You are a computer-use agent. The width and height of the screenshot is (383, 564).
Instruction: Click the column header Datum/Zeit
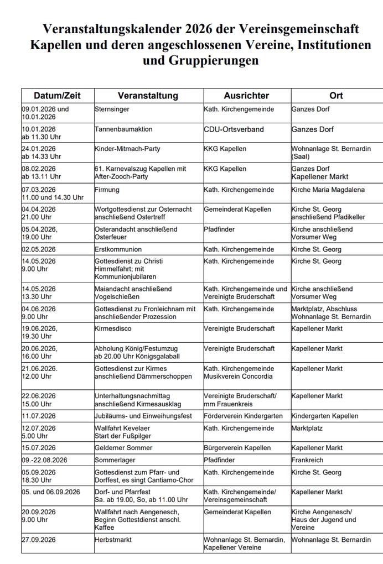tap(57, 96)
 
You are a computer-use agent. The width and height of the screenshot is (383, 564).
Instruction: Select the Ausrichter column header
tap(246, 96)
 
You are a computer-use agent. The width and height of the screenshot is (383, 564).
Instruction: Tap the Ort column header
tap(336, 96)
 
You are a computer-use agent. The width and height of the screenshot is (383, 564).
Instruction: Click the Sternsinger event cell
tap(112, 109)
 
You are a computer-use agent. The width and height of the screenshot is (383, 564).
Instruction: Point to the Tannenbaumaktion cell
tap(123, 129)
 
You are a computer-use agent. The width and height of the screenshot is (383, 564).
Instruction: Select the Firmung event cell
tap(107, 190)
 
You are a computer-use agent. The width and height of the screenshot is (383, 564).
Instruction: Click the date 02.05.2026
tap(39, 249)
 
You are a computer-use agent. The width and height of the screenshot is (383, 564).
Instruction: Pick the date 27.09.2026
tap(39, 540)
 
